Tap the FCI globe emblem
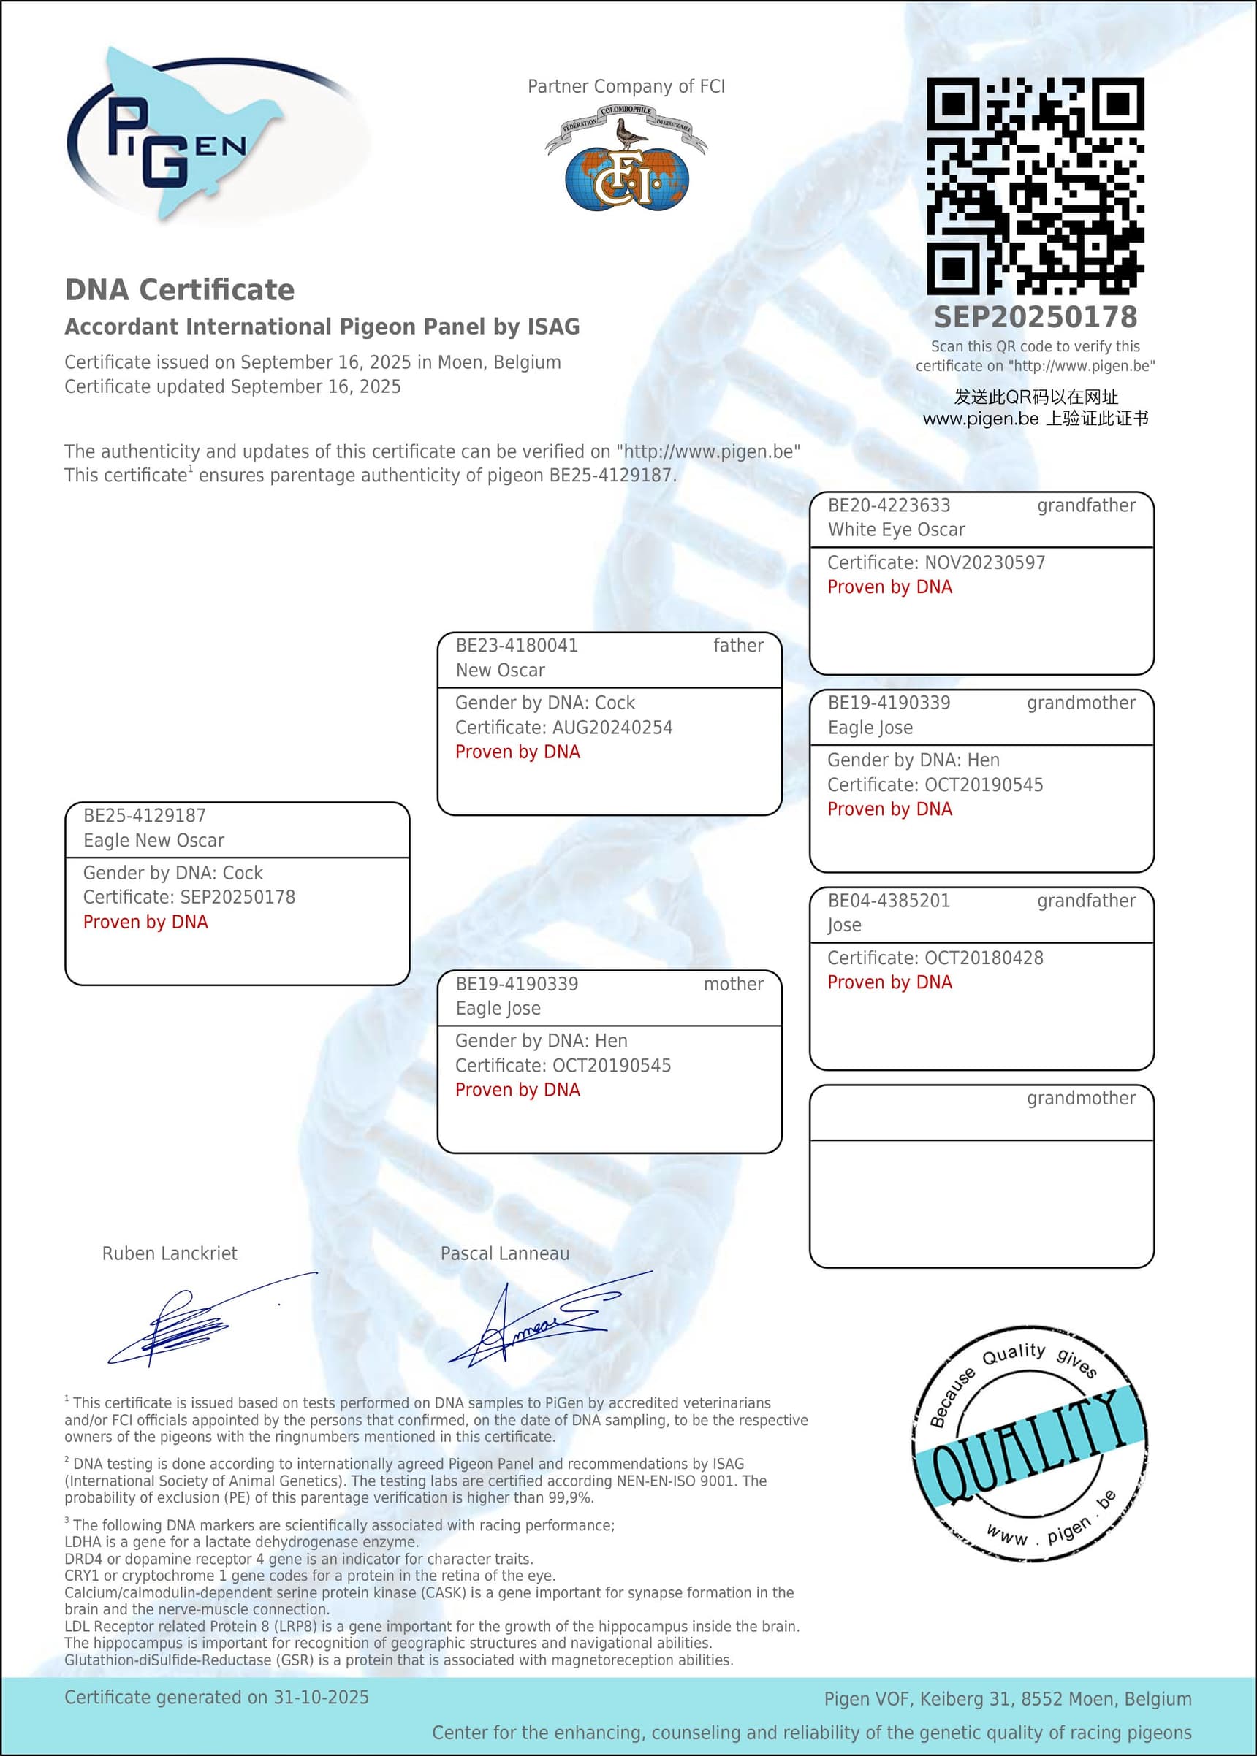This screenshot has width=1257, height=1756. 627,178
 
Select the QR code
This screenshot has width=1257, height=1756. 1035,186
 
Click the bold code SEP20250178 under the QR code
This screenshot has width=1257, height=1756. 1036,317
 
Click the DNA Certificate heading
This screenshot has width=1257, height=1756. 180,290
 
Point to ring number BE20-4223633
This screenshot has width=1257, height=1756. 889,506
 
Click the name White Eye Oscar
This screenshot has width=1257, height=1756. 896,530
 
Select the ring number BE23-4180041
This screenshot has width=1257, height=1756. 516,646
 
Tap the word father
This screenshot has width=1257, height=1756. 738,646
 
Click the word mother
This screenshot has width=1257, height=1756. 733,984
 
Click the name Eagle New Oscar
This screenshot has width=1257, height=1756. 153,841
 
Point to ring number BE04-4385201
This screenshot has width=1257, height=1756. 889,901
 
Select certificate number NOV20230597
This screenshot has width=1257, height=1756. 985,563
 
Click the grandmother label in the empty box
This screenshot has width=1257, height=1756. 1082,1099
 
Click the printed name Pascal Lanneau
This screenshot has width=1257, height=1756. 505,1254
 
